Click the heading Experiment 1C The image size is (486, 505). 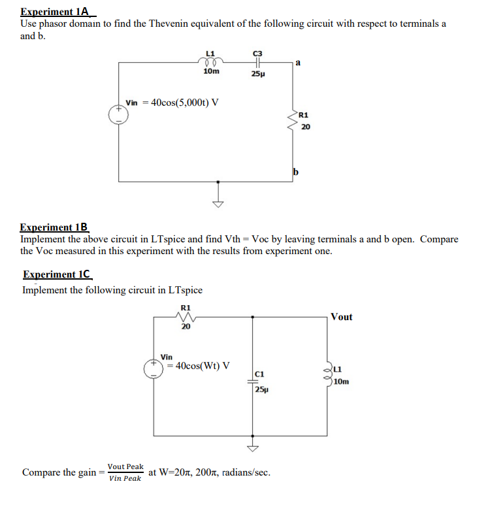click(x=57, y=274)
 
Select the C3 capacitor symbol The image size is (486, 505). click(x=257, y=63)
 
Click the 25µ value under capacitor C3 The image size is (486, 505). click(x=257, y=74)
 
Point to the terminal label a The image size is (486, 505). click(x=298, y=63)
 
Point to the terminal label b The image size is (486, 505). click(x=296, y=172)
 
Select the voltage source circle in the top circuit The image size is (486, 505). click(x=119, y=112)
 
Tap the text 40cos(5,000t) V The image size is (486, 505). click(x=184, y=103)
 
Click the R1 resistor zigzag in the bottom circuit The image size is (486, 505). click(x=186, y=316)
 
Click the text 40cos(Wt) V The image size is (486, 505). click(x=202, y=365)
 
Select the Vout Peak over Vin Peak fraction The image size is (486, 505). click(x=125, y=472)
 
